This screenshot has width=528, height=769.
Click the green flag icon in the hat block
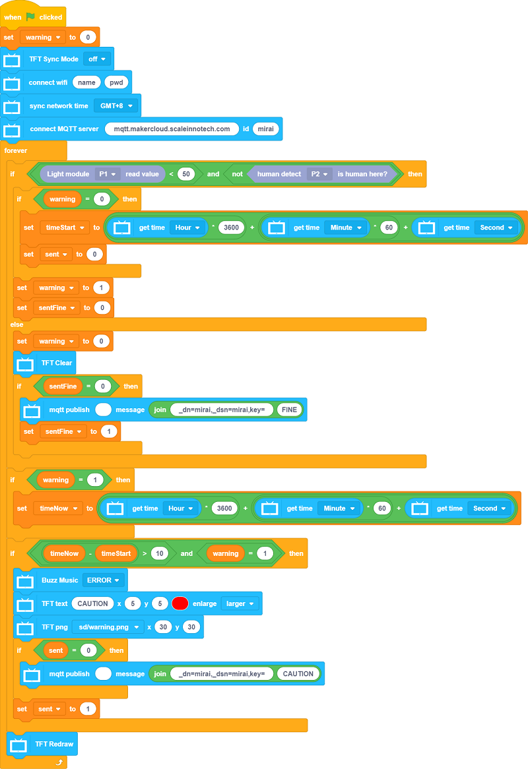[30, 16]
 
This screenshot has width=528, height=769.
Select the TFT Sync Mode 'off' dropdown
[97, 59]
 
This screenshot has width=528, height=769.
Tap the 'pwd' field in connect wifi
[116, 82]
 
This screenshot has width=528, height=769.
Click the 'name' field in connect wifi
[86, 82]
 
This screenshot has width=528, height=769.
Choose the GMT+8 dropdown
[115, 106]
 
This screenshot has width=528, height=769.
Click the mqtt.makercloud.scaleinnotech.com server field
[172, 129]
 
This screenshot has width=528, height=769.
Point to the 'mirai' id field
[265, 129]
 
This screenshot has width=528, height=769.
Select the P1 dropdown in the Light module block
[107, 174]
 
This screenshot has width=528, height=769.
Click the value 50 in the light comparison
[185, 174]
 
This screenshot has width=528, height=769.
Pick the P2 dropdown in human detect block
[319, 174]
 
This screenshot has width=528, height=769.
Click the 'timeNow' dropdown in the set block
[58, 508]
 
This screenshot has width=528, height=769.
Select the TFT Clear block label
[57, 363]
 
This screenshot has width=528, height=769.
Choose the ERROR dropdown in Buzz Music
[104, 580]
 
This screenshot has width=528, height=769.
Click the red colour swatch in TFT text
[180, 603]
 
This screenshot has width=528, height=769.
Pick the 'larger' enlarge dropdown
[240, 603]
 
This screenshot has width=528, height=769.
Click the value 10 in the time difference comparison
[159, 553]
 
